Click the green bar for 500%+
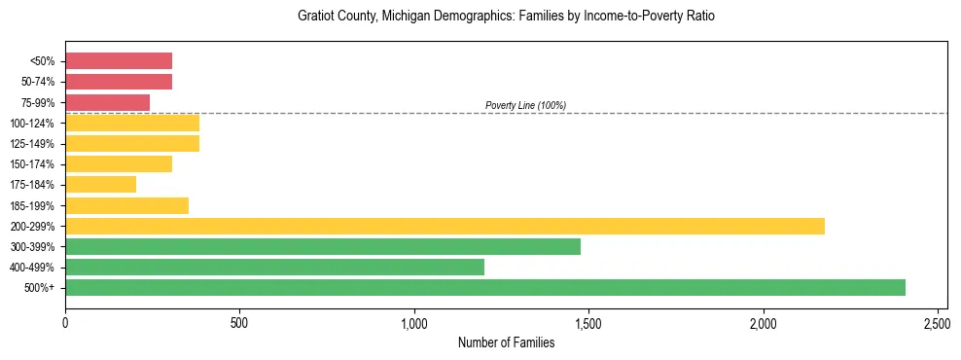click(x=484, y=287)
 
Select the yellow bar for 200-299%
click(x=445, y=226)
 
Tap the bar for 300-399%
click(x=323, y=246)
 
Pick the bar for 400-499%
click(x=274, y=267)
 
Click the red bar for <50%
click(x=119, y=61)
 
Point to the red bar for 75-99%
click(x=107, y=102)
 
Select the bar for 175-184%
click(x=100, y=184)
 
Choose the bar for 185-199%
click(x=126, y=205)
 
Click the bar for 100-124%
click(x=132, y=123)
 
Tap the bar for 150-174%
click(x=119, y=163)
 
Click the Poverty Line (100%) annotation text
click(x=525, y=105)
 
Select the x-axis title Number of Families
click(x=506, y=342)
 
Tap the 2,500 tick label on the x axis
click(x=938, y=322)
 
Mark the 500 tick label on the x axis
click(x=239, y=322)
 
